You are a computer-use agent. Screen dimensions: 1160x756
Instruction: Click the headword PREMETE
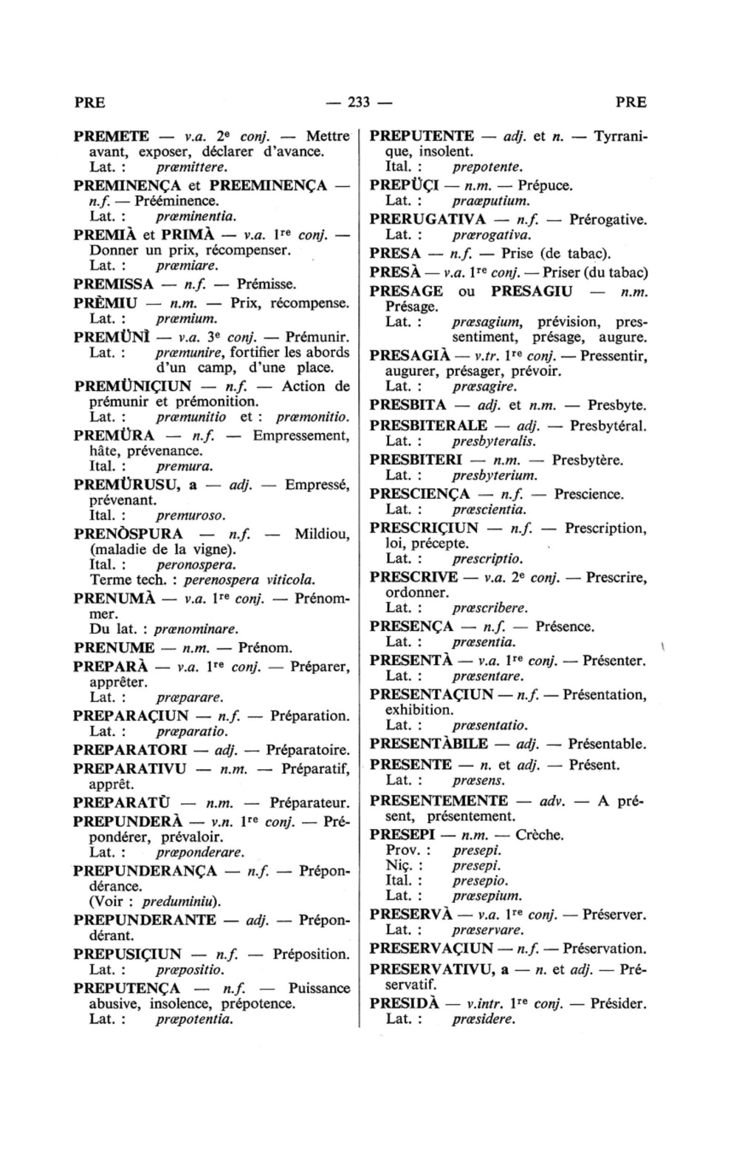tap(111, 137)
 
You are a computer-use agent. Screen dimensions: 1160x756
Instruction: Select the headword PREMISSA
tap(114, 284)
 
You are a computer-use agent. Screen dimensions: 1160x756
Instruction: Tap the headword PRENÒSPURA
tap(128, 533)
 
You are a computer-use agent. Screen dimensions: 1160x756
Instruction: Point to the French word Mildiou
tap(322, 533)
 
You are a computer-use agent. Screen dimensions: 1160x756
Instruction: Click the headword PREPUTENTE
tap(422, 137)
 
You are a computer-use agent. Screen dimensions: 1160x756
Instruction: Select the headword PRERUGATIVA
tap(427, 219)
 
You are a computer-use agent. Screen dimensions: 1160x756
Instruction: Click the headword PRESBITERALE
tap(428, 426)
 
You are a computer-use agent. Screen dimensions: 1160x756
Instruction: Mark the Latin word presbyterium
tap(495, 476)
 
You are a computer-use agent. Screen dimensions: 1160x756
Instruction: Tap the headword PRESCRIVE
tap(413, 577)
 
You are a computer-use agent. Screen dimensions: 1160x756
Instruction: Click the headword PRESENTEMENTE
tap(439, 801)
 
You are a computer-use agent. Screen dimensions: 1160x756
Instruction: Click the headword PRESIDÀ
tap(405, 1004)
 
